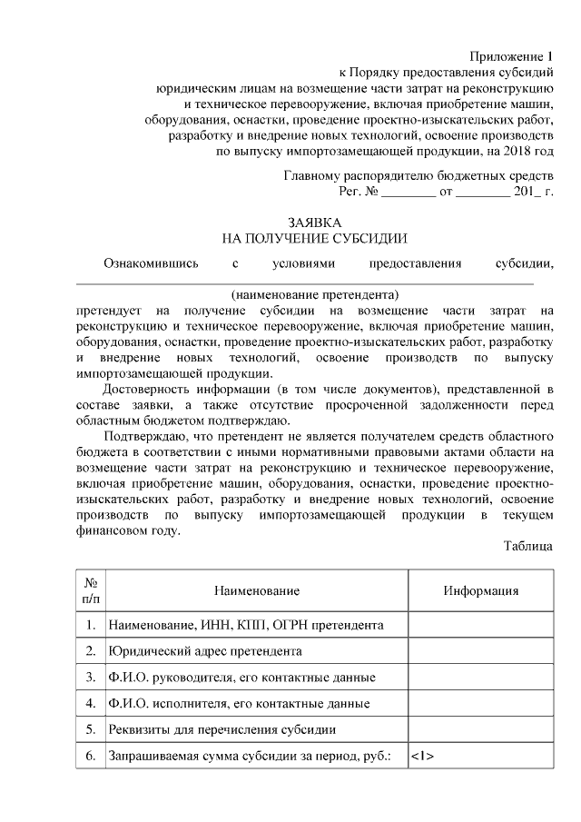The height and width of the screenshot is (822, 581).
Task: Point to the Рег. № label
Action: pyautogui.click(x=358, y=192)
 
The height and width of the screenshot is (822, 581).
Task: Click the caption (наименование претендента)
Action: pyautogui.click(x=315, y=295)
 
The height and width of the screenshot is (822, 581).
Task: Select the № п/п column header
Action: pyautogui.click(x=91, y=590)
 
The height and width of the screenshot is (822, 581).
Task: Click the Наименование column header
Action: pyautogui.click(x=256, y=591)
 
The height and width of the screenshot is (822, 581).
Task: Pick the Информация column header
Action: pyautogui.click(x=480, y=591)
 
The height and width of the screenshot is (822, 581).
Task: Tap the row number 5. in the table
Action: pyautogui.click(x=91, y=729)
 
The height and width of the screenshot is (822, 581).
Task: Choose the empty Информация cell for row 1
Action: pyautogui.click(x=480, y=625)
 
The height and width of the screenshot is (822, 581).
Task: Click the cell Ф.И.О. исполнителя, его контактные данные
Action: pyautogui.click(x=239, y=704)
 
